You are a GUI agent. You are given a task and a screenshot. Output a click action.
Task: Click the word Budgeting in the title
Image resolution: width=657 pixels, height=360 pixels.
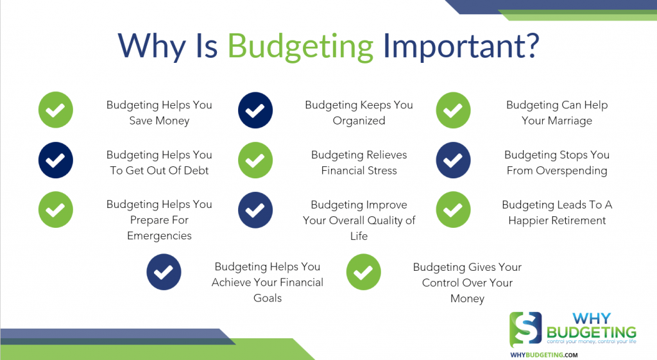pyautogui.click(x=301, y=46)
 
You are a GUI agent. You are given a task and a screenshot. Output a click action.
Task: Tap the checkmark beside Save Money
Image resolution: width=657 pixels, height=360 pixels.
pyautogui.click(x=56, y=110)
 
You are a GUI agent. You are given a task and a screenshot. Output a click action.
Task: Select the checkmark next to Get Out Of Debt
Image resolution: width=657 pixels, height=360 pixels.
pyautogui.click(x=56, y=160)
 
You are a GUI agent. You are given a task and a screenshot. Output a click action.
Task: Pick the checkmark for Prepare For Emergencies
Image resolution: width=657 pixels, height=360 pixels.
pyautogui.click(x=56, y=210)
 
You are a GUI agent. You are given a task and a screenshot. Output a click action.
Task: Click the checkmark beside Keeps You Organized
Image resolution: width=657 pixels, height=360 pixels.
pyautogui.click(x=255, y=110)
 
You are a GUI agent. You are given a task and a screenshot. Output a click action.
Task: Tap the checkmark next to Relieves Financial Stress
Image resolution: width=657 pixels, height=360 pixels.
pyautogui.click(x=255, y=160)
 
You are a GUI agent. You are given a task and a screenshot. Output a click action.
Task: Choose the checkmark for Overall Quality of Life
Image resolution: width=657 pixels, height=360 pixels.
pyautogui.click(x=255, y=210)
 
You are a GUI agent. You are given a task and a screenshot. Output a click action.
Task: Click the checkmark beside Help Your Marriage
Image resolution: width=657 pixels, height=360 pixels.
pyautogui.click(x=454, y=110)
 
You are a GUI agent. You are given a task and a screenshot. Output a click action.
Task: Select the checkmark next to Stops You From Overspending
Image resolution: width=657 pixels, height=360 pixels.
pyautogui.click(x=454, y=160)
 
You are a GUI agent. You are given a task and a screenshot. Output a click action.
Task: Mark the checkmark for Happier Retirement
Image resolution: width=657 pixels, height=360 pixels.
pyautogui.click(x=454, y=210)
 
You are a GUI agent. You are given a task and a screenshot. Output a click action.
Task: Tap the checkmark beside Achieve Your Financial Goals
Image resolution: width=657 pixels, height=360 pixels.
pyautogui.click(x=164, y=272)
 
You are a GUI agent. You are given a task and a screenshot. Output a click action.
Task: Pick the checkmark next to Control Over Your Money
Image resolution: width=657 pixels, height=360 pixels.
pyautogui.click(x=364, y=272)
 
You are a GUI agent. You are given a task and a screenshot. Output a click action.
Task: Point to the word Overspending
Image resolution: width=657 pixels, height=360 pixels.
pyautogui.click(x=570, y=171)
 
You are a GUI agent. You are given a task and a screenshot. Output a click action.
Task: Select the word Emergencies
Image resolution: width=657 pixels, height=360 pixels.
pyautogui.click(x=159, y=236)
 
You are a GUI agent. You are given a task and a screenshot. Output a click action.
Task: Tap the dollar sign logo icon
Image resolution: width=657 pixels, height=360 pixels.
pyautogui.click(x=525, y=329)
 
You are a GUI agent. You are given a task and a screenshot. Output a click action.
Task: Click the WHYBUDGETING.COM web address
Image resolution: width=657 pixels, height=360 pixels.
pyautogui.click(x=543, y=354)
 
